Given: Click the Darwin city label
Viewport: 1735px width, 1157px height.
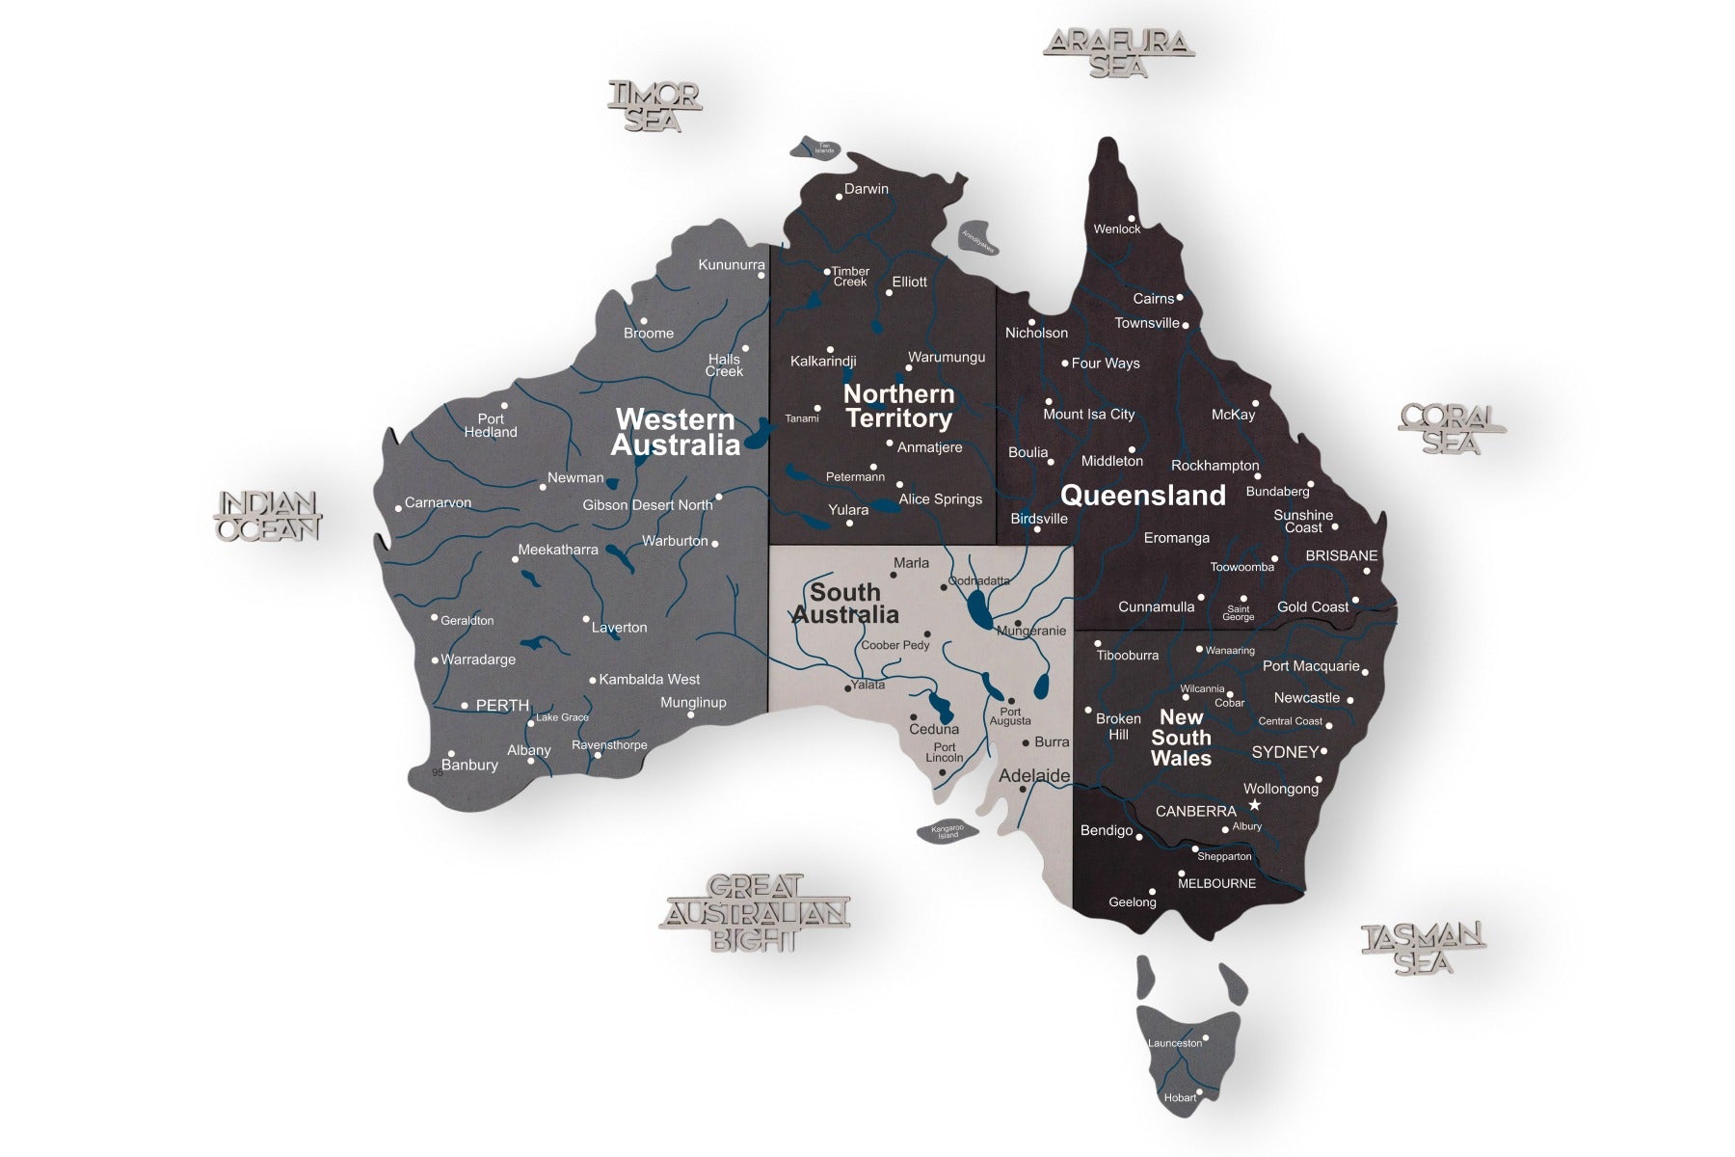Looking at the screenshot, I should (x=866, y=189).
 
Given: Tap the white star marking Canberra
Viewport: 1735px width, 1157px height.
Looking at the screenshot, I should (x=1254, y=804).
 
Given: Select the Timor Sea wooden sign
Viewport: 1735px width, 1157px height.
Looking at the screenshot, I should (x=654, y=107).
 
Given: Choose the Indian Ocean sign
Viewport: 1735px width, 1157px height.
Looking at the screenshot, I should (x=267, y=516).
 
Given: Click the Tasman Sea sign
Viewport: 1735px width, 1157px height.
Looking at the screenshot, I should (x=1423, y=949).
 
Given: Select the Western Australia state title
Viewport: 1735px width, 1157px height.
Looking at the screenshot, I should (x=676, y=431).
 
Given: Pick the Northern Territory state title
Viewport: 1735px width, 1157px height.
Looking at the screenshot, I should (x=898, y=406).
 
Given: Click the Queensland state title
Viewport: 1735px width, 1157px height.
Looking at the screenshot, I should (x=1143, y=496).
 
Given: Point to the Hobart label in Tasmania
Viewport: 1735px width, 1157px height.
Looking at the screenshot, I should (x=1180, y=1097).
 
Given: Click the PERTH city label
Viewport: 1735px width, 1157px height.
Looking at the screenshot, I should (x=502, y=706).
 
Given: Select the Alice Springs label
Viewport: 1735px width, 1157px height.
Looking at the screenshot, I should (x=940, y=499).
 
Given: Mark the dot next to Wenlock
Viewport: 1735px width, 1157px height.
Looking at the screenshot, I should (x=1133, y=219).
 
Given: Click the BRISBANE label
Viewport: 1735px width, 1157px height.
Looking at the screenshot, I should (x=1341, y=556).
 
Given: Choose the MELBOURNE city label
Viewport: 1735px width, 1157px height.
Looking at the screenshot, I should (x=1216, y=883).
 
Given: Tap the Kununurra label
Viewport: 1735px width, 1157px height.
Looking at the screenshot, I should (x=732, y=265).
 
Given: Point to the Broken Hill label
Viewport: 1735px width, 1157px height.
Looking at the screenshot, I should (x=1118, y=726).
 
